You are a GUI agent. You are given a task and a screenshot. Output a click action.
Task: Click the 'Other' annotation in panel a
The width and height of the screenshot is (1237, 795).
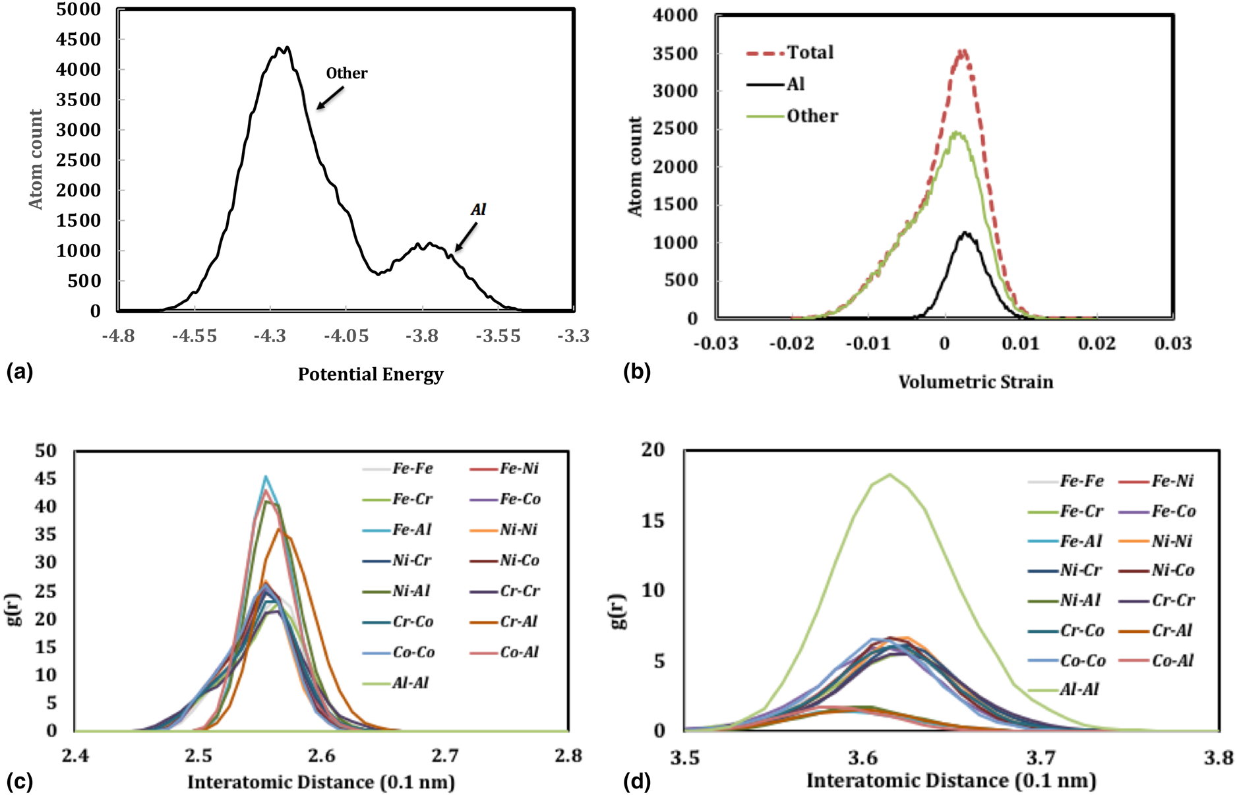346,73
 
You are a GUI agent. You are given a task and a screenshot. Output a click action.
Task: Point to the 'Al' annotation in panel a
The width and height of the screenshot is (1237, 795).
478,210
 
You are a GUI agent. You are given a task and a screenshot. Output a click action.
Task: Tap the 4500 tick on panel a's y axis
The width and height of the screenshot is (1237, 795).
78,40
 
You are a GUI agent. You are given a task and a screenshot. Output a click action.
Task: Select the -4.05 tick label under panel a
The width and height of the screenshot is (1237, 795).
346,336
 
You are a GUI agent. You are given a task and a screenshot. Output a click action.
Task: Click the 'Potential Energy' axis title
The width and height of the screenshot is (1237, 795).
371,374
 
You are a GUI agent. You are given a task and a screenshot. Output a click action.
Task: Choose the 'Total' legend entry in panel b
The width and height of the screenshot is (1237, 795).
810,53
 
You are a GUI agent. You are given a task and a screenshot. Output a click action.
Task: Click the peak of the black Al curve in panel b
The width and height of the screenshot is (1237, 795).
965,232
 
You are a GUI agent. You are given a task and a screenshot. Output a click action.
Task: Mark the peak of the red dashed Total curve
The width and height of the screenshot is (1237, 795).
963,50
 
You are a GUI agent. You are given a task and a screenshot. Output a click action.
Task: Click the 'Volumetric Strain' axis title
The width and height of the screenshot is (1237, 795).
976,382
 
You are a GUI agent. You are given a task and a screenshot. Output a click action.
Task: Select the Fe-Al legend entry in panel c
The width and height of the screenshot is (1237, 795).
412,530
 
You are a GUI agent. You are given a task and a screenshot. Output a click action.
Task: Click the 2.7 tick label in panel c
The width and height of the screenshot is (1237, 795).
445,755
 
